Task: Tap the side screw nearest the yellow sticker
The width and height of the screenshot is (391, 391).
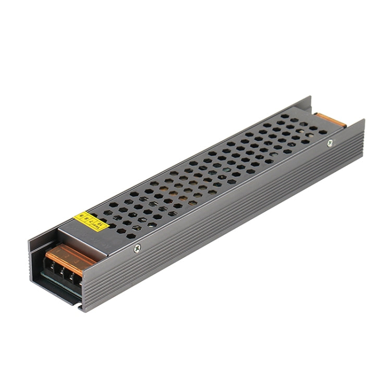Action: coord(137,248)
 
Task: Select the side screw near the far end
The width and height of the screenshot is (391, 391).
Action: coord(329,143)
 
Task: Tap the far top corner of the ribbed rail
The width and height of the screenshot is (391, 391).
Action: coord(364,121)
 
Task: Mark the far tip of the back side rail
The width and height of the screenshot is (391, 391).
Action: coord(311,97)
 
